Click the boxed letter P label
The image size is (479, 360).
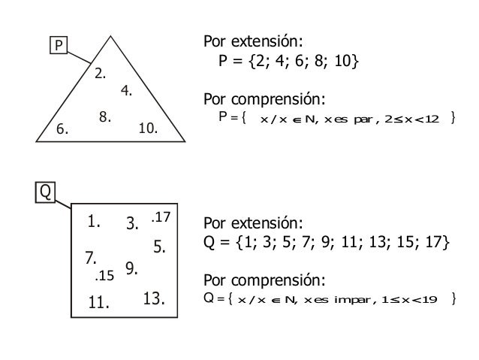[x=54, y=47]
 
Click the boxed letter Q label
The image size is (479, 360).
[x=46, y=193]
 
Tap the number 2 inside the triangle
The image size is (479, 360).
[x=99, y=74]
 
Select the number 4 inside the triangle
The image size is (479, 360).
[x=126, y=92]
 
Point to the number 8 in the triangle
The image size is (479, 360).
[x=105, y=116]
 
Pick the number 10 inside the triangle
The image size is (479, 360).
[x=148, y=129]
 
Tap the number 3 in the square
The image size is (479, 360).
[x=134, y=222]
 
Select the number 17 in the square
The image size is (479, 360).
[x=161, y=217]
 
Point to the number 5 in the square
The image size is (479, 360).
[x=159, y=245]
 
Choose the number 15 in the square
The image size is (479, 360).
[x=104, y=275]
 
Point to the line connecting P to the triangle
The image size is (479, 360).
[x=80, y=54]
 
